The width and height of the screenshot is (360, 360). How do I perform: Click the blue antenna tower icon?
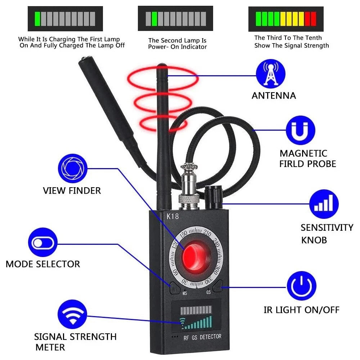(x=267, y=74)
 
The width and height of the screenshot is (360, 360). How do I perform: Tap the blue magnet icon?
(x=300, y=130)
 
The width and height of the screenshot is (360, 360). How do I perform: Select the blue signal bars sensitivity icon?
(x=324, y=204)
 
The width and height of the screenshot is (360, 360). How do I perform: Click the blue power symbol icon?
(x=301, y=286)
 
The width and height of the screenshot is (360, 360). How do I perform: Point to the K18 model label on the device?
(x=172, y=217)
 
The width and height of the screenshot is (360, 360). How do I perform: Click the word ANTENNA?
(x=274, y=96)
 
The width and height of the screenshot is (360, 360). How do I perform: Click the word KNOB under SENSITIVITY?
(x=314, y=240)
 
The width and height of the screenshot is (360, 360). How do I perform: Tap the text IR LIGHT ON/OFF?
(x=301, y=310)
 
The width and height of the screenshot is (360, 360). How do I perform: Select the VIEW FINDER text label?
(x=72, y=190)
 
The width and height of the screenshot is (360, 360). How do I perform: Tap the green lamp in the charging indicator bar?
(x=37, y=18)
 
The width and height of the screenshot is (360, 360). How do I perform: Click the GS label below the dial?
(x=208, y=292)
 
